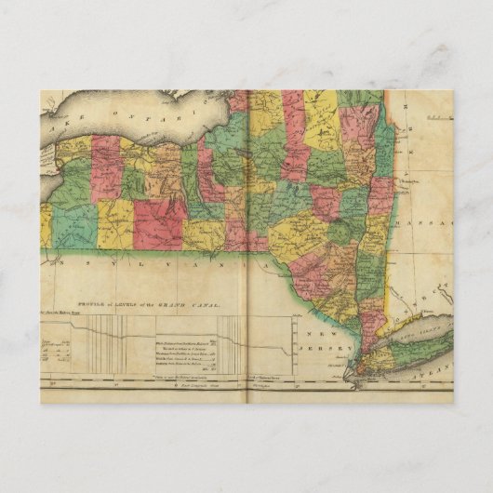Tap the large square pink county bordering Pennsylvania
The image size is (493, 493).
159,223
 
